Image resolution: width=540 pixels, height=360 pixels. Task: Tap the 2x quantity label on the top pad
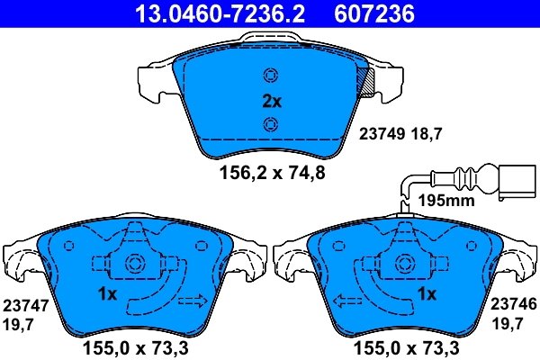click(x=271, y=102)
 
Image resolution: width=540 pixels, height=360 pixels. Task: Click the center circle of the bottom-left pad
click(x=136, y=265)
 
